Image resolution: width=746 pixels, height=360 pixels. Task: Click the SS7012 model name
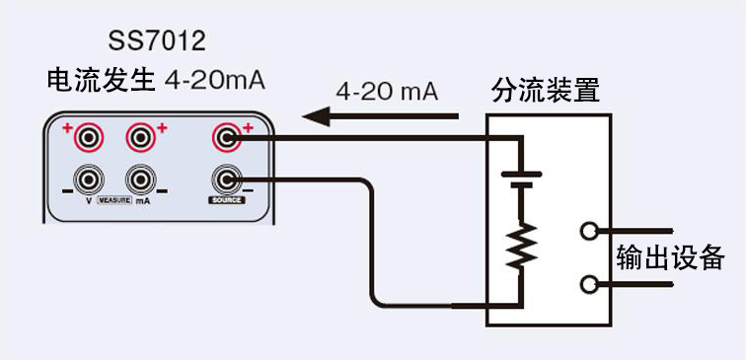[x=157, y=42]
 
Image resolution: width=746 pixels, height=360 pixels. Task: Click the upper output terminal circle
[x=591, y=232]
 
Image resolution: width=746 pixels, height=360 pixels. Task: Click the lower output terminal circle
[x=591, y=285]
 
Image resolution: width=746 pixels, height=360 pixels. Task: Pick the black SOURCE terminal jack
[x=228, y=180]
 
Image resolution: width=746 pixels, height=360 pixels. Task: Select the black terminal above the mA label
[x=139, y=180]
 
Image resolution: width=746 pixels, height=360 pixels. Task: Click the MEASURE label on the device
[x=114, y=200]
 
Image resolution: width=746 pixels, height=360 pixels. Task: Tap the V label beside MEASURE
[x=89, y=200]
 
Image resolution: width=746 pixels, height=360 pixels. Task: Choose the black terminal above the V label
[x=91, y=180]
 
